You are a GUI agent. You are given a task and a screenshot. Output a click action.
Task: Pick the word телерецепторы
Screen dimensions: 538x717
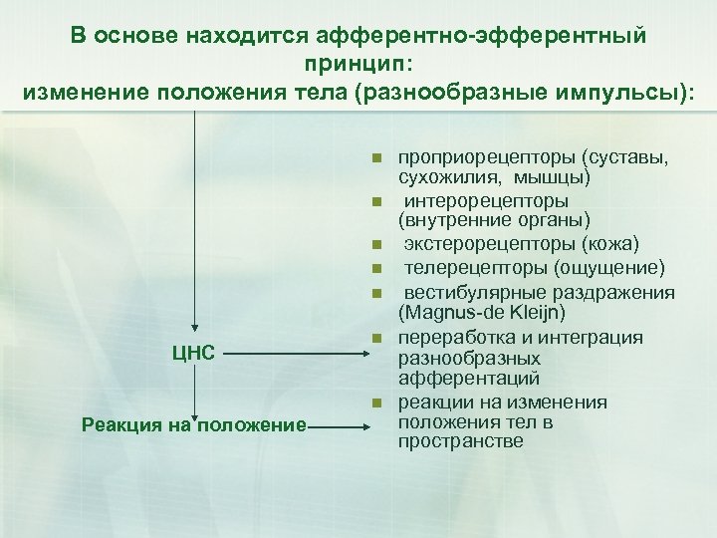point(475,267)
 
